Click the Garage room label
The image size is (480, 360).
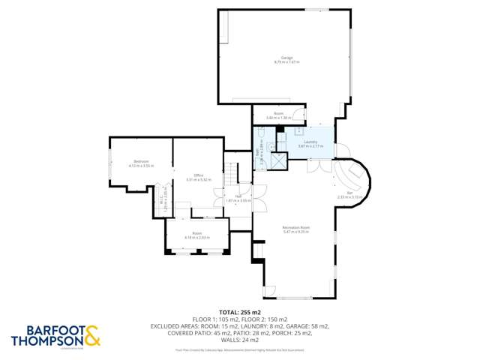286,58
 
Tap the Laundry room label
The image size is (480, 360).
310,142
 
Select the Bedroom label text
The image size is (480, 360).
140,162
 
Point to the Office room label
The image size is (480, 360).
199,175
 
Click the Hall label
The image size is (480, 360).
238,196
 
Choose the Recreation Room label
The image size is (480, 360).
296,227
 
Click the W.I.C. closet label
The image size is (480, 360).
160,198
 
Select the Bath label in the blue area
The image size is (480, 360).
257,151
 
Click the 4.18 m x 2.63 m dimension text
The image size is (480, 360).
197,238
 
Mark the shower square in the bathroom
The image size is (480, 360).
278,160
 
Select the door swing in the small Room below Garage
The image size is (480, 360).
298,116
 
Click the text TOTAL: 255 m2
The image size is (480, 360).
239,311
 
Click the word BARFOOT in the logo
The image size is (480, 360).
44,330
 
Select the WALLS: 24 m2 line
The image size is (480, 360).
239,340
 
